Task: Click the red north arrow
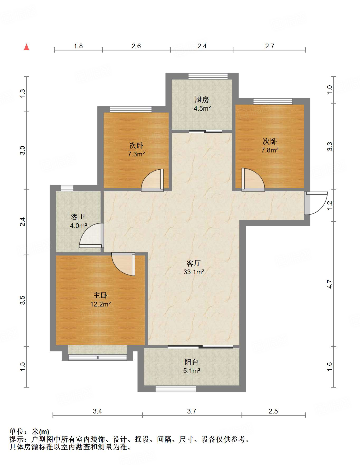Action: [x=26, y=47]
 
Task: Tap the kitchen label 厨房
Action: [x=202, y=100]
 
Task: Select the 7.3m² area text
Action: [x=136, y=154]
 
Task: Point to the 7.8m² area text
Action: [x=270, y=150]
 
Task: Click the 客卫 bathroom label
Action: [x=78, y=217]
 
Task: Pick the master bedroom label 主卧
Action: [x=100, y=295]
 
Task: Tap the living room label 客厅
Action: [x=194, y=263]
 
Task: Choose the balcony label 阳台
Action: [x=192, y=362]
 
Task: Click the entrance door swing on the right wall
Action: [x=316, y=203]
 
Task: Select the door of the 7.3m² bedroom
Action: [x=153, y=180]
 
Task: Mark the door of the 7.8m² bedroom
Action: [x=253, y=180]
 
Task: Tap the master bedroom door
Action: [x=124, y=264]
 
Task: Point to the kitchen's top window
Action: [x=208, y=76]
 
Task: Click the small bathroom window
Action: [x=67, y=188]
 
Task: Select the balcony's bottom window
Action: [x=176, y=389]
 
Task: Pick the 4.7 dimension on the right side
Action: [x=330, y=284]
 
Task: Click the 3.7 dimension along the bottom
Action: [x=192, y=411]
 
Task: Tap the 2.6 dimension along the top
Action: [x=136, y=46]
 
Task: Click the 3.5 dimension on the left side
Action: [x=23, y=300]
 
